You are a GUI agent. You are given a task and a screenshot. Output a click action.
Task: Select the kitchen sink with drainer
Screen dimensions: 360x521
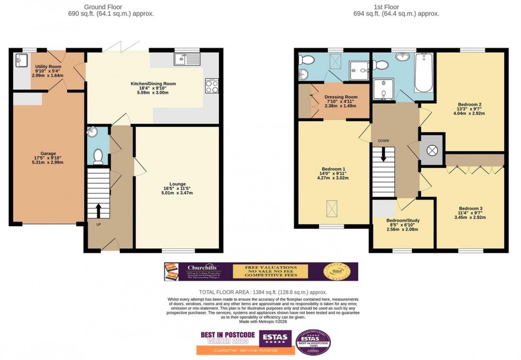click(187, 60)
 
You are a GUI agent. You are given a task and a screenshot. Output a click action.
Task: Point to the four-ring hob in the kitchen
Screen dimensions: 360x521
click(212, 86)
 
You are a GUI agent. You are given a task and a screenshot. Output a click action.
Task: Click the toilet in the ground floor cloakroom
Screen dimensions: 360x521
click(97, 156)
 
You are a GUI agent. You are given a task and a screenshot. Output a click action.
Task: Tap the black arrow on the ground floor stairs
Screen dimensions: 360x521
click(98, 211)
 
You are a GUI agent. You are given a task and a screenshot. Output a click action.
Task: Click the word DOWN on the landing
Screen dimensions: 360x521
click(383, 141)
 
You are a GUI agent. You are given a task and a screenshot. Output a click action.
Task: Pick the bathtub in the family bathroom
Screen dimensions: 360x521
click(423, 73)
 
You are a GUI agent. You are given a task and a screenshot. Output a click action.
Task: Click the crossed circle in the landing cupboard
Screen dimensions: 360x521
click(432, 150)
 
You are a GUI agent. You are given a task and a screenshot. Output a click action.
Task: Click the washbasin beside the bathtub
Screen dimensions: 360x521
click(402, 58)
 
